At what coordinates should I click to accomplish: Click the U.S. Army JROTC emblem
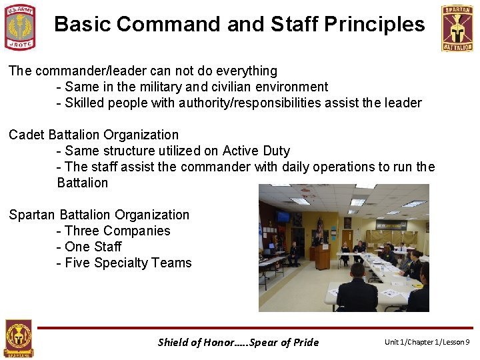[20, 27]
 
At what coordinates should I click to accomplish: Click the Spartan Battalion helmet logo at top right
[457, 28]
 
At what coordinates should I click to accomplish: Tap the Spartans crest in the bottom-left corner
[18, 339]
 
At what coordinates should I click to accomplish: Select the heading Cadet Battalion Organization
[93, 135]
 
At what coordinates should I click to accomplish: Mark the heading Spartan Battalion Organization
[99, 215]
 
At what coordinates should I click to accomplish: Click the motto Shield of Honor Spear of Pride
[238, 342]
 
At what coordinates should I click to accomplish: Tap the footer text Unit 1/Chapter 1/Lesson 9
[427, 342]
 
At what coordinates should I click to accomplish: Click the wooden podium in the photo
[322, 256]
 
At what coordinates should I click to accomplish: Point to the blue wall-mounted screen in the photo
[283, 217]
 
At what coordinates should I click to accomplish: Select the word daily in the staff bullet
[300, 167]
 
